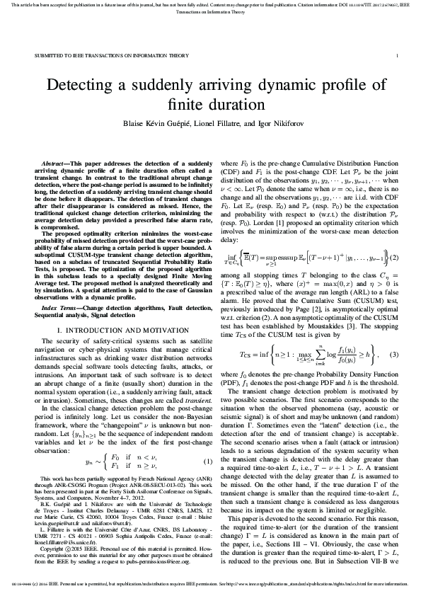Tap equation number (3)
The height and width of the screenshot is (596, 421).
pos(394,353)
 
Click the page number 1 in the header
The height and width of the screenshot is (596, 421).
pos(397,54)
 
